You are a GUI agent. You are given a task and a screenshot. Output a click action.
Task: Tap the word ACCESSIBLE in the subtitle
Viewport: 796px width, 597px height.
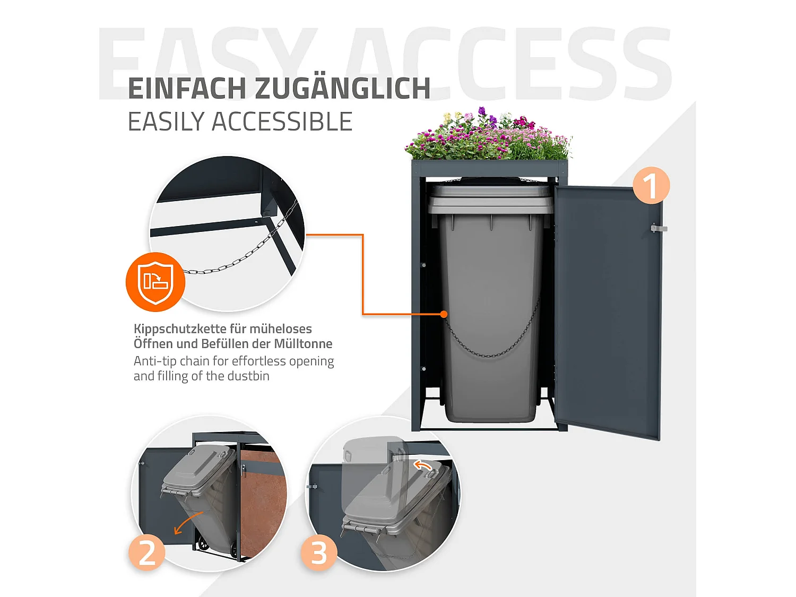[282, 122]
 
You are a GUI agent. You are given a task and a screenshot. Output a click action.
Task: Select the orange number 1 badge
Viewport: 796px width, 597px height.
[651, 186]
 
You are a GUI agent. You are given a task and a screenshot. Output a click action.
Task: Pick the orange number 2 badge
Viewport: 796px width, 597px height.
[147, 552]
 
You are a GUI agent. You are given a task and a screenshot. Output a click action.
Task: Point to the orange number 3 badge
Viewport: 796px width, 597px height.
[319, 553]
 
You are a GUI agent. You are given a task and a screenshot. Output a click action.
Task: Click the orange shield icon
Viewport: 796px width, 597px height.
[155, 282]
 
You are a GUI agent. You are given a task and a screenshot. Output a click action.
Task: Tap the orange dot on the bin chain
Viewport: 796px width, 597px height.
[444, 314]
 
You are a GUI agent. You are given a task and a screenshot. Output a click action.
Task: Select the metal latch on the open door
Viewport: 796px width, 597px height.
[659, 228]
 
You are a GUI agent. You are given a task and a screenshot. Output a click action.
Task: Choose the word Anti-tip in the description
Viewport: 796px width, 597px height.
[155, 361]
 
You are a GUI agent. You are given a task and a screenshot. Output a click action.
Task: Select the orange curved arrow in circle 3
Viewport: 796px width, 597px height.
[422, 466]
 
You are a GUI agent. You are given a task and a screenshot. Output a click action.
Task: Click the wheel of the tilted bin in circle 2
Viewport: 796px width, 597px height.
[203, 543]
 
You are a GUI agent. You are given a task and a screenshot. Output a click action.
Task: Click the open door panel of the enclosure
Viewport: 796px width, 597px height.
[608, 313]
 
